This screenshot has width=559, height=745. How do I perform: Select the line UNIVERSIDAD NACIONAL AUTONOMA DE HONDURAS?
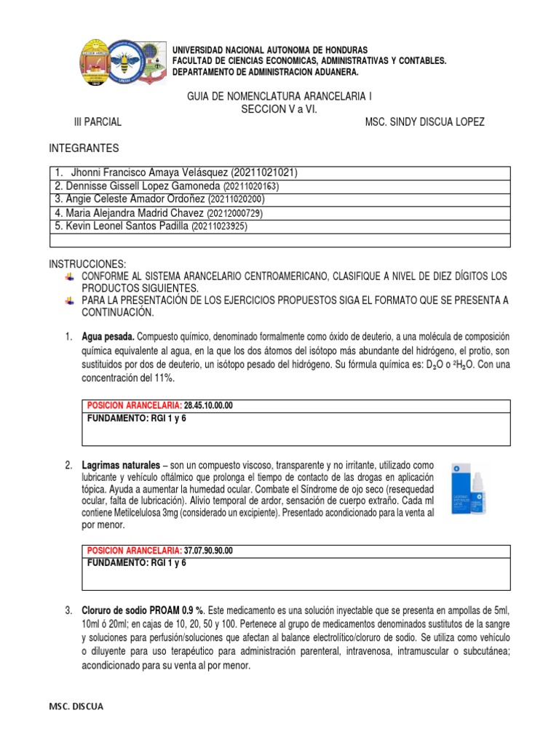point(269,49)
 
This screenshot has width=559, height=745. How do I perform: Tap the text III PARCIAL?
point(98,121)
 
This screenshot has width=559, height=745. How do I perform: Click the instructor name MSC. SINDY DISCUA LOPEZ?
point(424,121)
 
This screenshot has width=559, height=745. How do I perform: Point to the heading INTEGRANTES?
point(84,148)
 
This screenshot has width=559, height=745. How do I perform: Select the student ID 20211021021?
point(264,173)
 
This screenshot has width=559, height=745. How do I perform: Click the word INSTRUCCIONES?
point(87,263)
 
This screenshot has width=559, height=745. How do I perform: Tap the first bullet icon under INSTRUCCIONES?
point(69,277)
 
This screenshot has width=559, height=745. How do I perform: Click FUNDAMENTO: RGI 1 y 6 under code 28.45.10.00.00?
point(137,418)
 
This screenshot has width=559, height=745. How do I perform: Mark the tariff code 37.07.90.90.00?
point(213,550)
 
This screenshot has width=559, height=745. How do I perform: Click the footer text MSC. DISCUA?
point(76,706)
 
